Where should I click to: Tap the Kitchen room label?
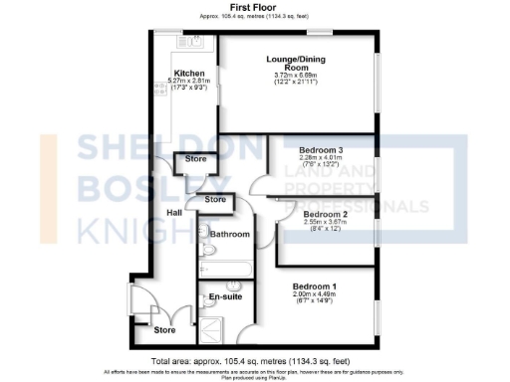[x=189, y=74]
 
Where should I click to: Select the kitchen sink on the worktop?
[x=187, y=43]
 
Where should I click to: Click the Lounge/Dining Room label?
[x=296, y=63]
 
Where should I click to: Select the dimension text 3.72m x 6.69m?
[x=296, y=78]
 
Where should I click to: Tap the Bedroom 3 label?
[x=321, y=149]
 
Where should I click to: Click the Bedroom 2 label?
[x=325, y=214]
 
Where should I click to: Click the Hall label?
[x=174, y=213]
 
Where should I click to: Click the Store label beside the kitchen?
[x=194, y=159]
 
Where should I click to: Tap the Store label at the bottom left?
[x=164, y=329]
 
